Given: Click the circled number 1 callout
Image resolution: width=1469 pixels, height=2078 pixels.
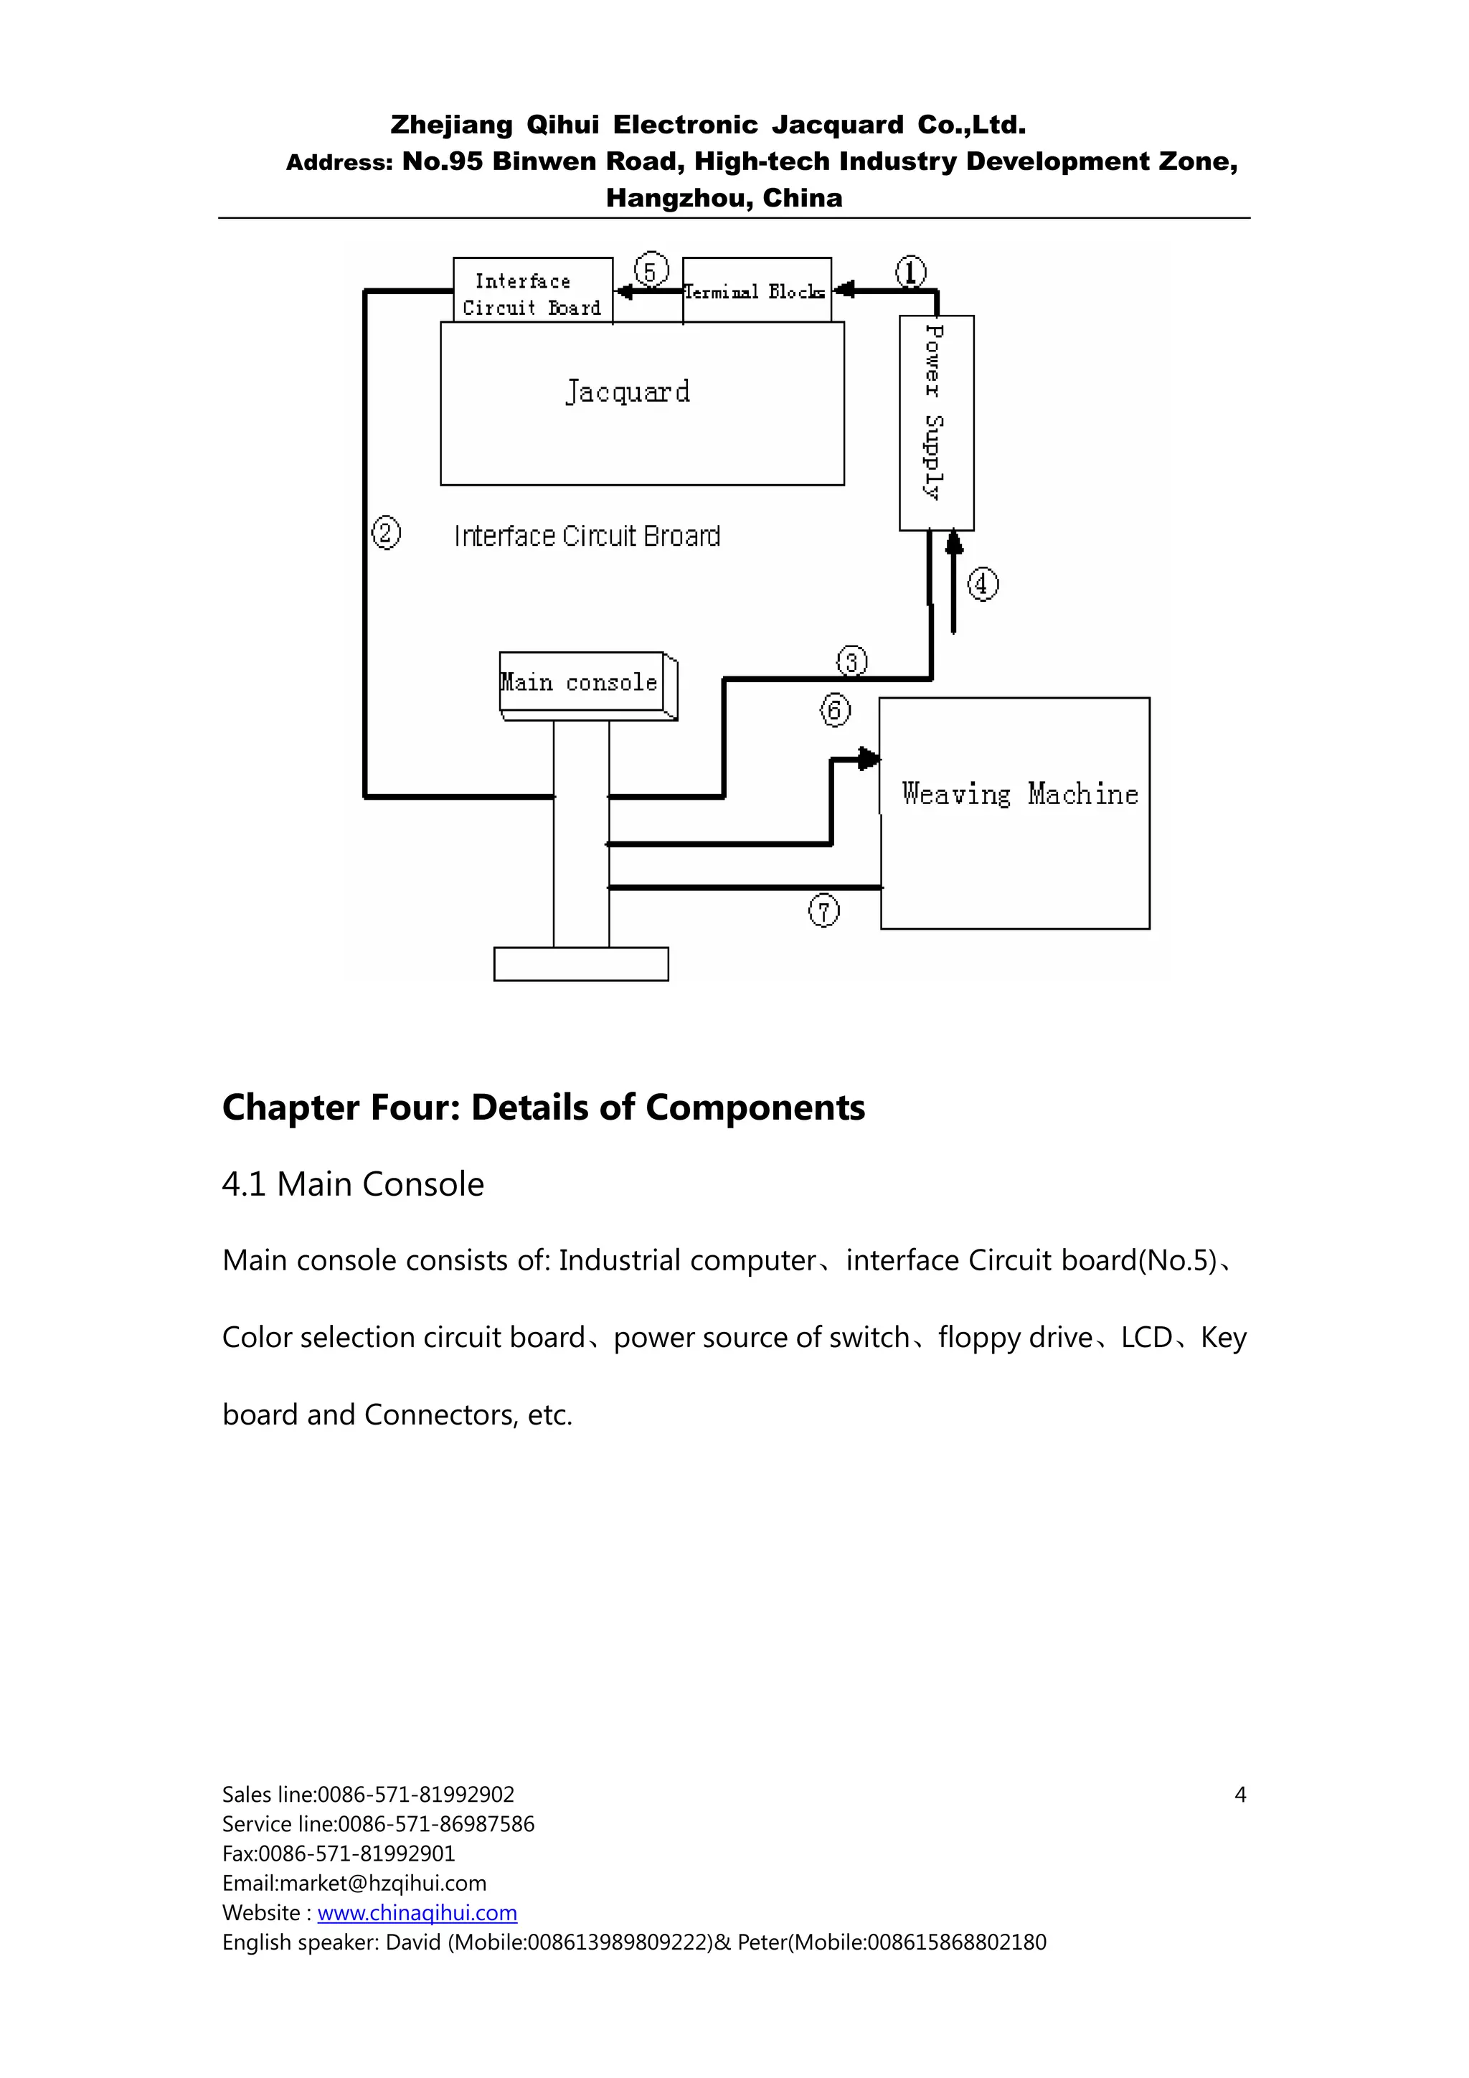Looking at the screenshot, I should click(910, 272).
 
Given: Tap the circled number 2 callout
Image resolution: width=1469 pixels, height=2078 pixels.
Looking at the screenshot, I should click(386, 532).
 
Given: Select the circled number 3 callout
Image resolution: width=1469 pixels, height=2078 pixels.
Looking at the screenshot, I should click(851, 661).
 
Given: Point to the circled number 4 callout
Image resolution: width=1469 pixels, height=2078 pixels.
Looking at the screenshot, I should click(983, 584).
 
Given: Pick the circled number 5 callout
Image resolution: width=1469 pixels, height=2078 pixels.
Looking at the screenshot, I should click(651, 270).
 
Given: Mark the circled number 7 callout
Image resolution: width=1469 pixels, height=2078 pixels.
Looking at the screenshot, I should click(823, 910).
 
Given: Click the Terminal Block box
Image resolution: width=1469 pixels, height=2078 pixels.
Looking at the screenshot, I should click(756, 291).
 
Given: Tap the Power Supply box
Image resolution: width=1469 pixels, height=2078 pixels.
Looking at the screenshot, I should click(936, 422).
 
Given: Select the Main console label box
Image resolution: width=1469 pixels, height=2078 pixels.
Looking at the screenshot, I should click(580, 682).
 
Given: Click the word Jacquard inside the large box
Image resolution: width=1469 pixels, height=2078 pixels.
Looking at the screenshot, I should click(627, 392).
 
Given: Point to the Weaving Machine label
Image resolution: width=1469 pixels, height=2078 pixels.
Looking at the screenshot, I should click(1019, 795).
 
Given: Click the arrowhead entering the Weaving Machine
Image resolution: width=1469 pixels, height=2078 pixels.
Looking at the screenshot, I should click(869, 758).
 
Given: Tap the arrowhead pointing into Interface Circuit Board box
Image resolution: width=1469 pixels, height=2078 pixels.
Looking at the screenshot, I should click(623, 291).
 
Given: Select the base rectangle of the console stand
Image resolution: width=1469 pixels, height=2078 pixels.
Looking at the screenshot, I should click(581, 964).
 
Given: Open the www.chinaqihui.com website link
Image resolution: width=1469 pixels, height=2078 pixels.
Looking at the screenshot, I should click(417, 1912).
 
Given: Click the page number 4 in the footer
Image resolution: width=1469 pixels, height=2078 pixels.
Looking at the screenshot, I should click(1240, 1795).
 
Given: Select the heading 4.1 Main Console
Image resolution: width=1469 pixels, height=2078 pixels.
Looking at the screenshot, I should click(353, 1184).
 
